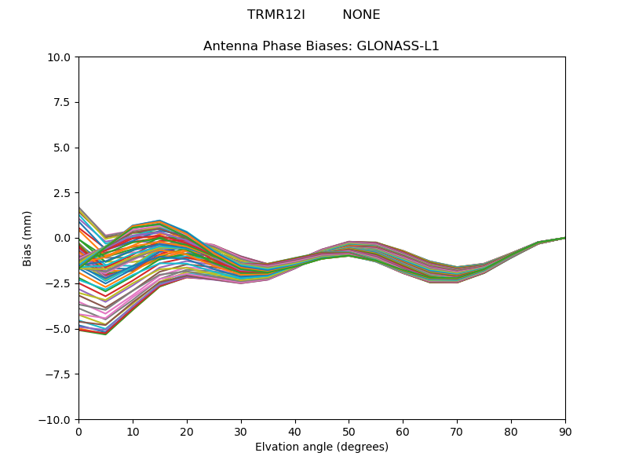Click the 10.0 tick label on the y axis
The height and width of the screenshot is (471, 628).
[x=61, y=57]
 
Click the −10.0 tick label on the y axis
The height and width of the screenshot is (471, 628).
[x=57, y=420]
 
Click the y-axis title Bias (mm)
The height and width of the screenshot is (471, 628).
[x=27, y=238]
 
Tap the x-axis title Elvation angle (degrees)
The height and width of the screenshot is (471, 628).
[x=322, y=447]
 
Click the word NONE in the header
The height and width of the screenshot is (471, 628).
[x=361, y=15]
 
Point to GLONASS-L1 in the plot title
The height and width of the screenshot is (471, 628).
[x=398, y=46]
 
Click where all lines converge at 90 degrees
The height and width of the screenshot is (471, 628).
[x=565, y=238]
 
